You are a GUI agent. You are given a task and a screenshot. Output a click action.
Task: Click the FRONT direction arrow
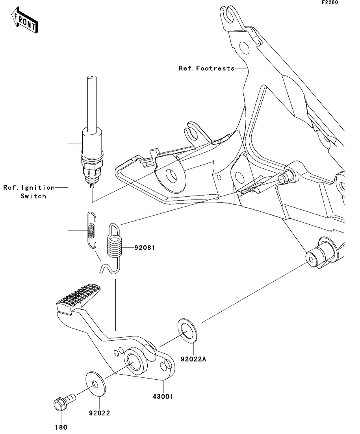coord(24,20)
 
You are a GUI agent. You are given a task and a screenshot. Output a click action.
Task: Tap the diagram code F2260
coord(330,2)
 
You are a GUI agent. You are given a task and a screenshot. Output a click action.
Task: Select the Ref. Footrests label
coord(206,68)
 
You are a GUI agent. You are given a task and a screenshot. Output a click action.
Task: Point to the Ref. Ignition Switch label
coord(29,192)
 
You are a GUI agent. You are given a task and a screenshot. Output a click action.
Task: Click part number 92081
coord(145,247)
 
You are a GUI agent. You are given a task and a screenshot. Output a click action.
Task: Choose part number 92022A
coord(193,359)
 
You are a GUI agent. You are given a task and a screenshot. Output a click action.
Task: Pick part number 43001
coord(163,396)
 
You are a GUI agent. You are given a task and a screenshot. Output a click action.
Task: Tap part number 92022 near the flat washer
coord(100,413)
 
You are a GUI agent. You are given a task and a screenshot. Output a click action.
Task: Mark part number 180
coord(61,427)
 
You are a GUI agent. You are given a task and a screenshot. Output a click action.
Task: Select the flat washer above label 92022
coord(96,383)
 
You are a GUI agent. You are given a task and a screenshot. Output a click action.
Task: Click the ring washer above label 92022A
coord(187,331)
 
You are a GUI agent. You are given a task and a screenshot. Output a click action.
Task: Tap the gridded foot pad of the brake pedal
coord(79,296)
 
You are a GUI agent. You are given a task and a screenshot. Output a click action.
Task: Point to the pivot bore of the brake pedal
coord(135,362)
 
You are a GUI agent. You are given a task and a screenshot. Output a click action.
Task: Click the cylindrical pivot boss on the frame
coord(321,253)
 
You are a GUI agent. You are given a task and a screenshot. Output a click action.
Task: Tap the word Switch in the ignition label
coord(33,196)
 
